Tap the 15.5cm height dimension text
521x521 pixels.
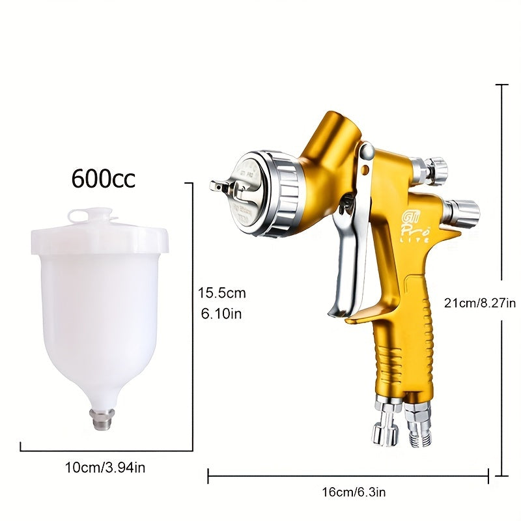coord(222,293)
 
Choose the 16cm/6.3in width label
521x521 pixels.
coord(348,492)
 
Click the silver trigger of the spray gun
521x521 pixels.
coord(345,260)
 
